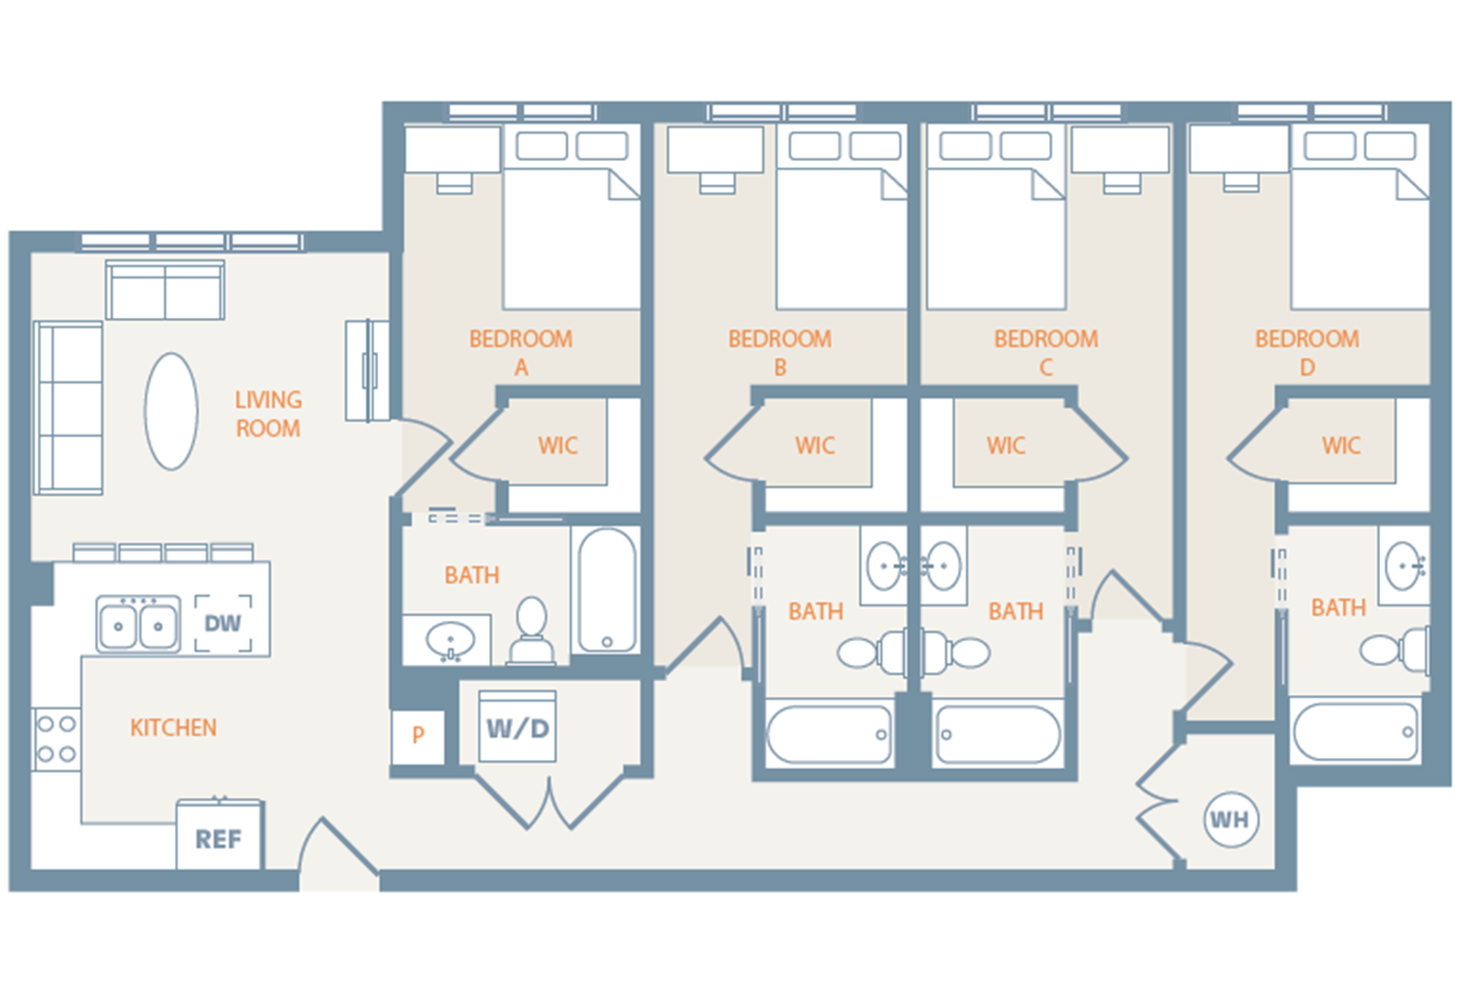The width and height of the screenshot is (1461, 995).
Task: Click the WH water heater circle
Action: click(x=1230, y=819)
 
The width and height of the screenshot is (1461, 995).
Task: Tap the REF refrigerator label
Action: click(x=218, y=838)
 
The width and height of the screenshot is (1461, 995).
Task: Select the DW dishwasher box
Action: click(x=223, y=623)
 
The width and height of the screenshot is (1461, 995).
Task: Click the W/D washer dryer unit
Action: click(x=517, y=727)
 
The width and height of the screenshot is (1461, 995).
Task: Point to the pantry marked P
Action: click(x=417, y=735)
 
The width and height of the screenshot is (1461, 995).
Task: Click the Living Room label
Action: click(x=268, y=414)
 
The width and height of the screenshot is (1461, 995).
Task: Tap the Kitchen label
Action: click(x=173, y=727)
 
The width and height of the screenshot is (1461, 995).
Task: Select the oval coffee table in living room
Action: click(x=171, y=411)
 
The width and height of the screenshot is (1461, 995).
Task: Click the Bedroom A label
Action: click(x=521, y=352)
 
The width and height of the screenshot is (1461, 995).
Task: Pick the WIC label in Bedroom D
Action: click(x=1341, y=445)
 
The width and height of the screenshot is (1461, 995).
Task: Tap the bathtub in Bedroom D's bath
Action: click(x=1355, y=732)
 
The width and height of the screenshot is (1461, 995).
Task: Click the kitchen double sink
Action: click(x=138, y=624)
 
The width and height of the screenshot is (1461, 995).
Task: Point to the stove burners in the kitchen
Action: click(x=55, y=739)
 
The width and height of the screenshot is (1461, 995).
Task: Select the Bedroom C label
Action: click(x=1045, y=352)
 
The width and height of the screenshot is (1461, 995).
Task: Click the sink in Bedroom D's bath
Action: click(x=1405, y=566)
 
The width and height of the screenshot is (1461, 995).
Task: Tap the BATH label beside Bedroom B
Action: click(x=815, y=611)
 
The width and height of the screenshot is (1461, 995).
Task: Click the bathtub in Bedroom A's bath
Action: click(x=607, y=590)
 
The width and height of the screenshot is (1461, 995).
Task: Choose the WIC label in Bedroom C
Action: click(x=1006, y=445)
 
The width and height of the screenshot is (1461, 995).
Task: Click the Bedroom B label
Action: click(x=779, y=352)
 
